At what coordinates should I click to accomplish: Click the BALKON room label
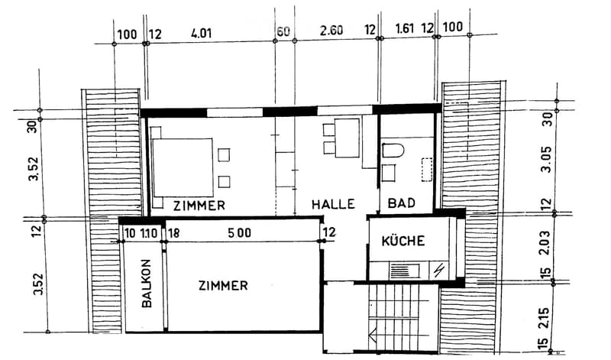pyautogui.click(x=147, y=284)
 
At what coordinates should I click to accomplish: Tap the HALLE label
pyautogui.click(x=333, y=204)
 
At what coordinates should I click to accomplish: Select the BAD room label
pyautogui.click(x=402, y=203)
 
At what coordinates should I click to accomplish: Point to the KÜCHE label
pyautogui.click(x=403, y=241)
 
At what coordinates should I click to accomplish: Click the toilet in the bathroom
pyautogui.click(x=393, y=150)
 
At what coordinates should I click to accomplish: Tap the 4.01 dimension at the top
pyautogui.click(x=201, y=33)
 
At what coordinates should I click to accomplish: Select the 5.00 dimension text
pyautogui.click(x=240, y=233)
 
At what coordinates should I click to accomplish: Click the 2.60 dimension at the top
pyautogui.click(x=331, y=30)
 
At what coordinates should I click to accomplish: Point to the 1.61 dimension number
pyautogui.click(x=405, y=28)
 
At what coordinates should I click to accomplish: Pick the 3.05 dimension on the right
pyautogui.click(x=547, y=160)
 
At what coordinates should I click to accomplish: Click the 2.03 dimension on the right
pyautogui.click(x=545, y=242)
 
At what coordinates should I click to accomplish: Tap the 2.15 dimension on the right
pyautogui.click(x=543, y=319)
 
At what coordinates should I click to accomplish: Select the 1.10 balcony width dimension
pyautogui.click(x=148, y=233)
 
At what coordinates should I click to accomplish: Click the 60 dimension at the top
pyautogui.click(x=283, y=31)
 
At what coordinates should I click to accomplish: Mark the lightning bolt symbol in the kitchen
pyautogui.click(x=438, y=270)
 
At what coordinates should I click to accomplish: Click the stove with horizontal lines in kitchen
pyautogui.click(x=405, y=271)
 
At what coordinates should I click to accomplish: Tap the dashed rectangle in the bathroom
pyautogui.click(x=427, y=169)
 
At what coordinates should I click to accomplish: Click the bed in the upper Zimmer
pyautogui.click(x=183, y=167)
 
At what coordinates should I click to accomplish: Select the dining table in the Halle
pyautogui.click(x=347, y=138)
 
